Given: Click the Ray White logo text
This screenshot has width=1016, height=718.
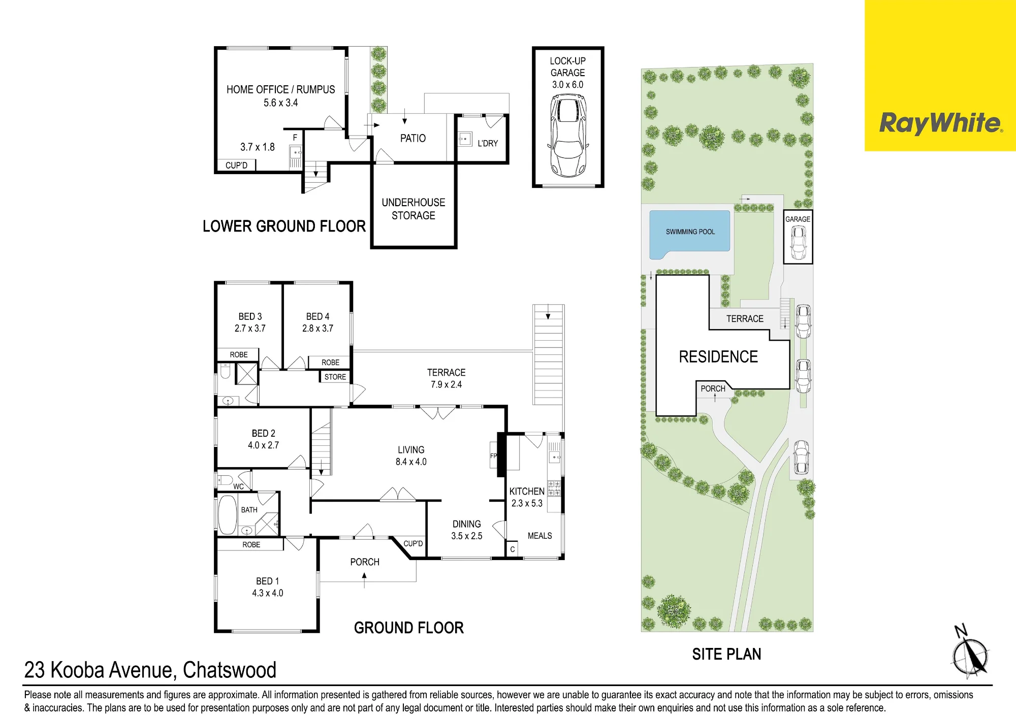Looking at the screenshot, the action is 941,123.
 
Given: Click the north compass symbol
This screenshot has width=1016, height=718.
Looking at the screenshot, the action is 970,653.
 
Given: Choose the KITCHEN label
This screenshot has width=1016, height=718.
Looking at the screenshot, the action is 527,492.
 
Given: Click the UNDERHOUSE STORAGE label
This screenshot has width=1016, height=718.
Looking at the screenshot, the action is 414,209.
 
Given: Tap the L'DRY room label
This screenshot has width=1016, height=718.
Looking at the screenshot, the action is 488,144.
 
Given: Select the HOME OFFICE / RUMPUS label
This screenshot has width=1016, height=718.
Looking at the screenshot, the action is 280,89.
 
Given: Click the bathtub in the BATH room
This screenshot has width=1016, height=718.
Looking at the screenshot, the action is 228,514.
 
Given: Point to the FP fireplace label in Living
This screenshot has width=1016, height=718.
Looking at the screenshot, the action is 493,455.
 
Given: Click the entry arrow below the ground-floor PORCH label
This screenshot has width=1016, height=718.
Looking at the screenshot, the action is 364,580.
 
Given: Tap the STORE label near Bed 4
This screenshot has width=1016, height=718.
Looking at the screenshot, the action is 335,377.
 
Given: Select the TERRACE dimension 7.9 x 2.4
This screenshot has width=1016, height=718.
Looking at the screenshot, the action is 447,384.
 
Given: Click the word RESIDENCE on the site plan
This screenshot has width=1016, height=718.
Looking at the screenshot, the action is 718,356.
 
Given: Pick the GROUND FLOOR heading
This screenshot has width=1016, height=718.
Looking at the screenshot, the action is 409,628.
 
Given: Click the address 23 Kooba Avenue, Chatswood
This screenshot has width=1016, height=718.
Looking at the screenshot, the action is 150,670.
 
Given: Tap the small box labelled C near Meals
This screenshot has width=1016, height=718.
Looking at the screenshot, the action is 513,549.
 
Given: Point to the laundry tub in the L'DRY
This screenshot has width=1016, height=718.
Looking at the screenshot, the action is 465,139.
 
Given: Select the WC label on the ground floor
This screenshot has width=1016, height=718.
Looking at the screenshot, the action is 238,486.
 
